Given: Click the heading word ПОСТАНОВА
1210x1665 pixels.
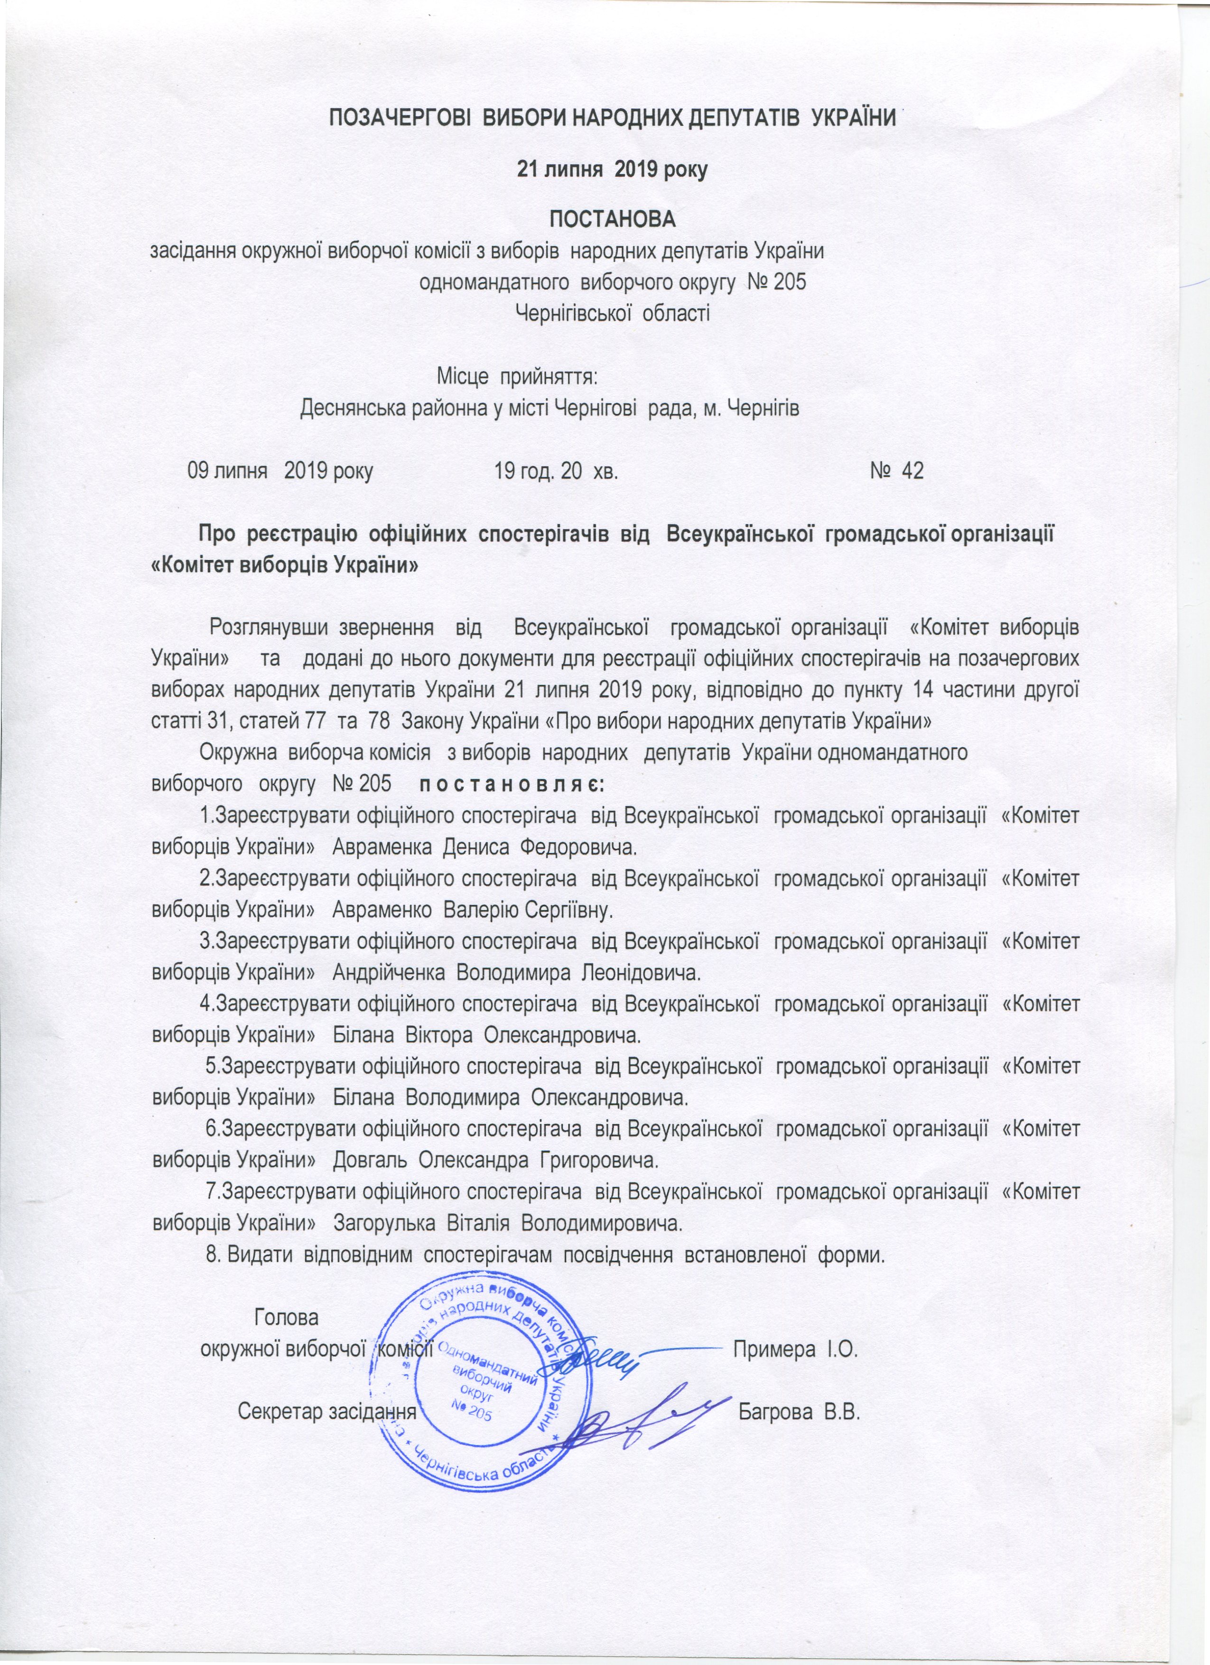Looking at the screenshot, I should (x=613, y=219).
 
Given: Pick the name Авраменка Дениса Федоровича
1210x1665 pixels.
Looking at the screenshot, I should (x=484, y=848).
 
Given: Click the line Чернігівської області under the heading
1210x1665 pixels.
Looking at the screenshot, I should (x=613, y=314).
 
